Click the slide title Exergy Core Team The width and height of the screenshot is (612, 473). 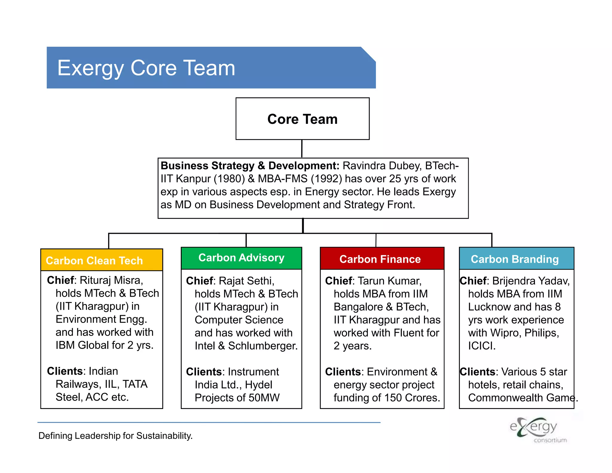point(146,68)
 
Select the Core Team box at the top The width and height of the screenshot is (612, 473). point(302,119)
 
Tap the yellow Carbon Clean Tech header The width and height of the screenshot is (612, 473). point(94,260)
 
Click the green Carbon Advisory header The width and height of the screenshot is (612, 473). point(241,258)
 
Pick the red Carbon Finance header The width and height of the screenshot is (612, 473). point(380,259)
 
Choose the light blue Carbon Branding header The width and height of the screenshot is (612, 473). point(515,259)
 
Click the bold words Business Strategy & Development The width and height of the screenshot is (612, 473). point(250,166)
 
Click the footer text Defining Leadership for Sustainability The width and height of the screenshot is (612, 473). point(115,436)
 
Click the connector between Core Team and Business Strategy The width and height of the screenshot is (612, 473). point(302,149)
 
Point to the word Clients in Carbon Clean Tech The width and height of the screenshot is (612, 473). point(65,371)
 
